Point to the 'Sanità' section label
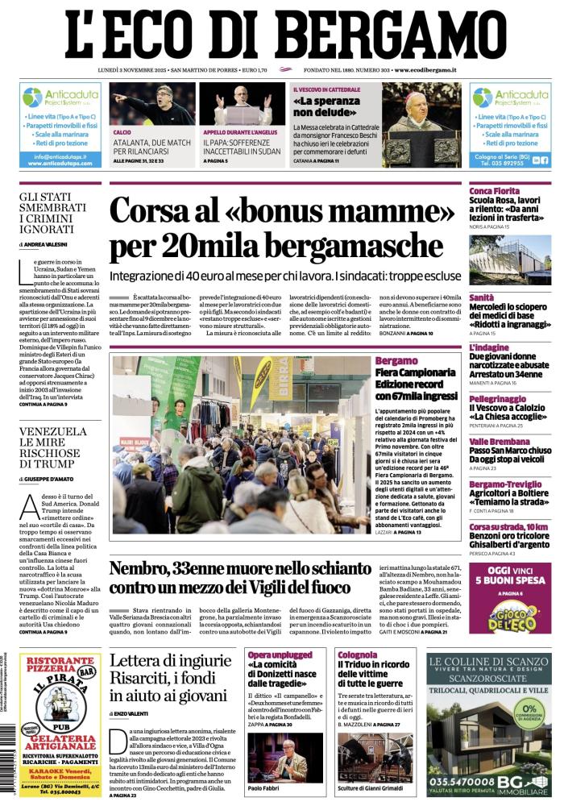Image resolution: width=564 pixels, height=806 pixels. click(x=482, y=275)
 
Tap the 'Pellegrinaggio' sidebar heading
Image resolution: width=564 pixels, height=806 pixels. click(x=499, y=398)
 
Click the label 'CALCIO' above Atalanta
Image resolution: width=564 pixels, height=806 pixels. click(x=122, y=131)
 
